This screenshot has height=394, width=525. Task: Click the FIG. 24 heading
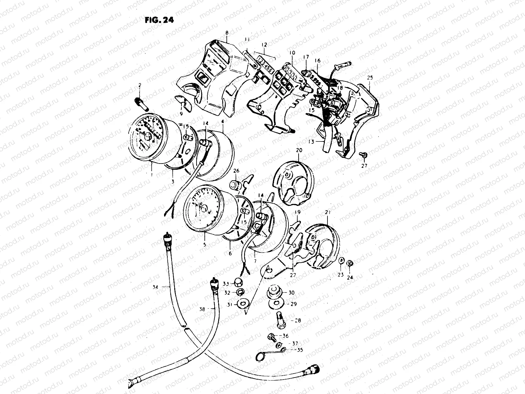tap(159, 20)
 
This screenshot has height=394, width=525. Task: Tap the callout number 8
tap(226, 33)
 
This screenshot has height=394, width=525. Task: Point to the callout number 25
tap(370, 78)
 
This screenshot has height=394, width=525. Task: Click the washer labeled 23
tap(341, 261)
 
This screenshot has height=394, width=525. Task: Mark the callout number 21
tap(327, 213)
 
